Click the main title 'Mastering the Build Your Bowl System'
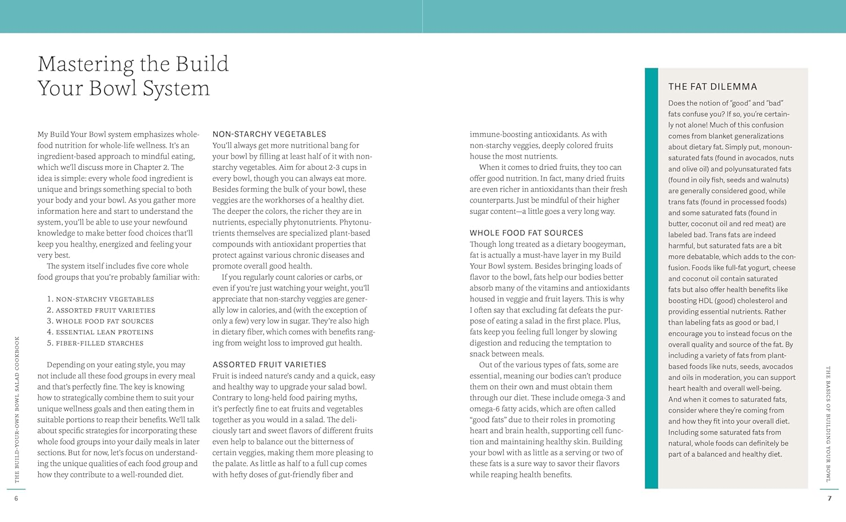click(133, 76)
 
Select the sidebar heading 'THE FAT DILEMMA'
click(712, 86)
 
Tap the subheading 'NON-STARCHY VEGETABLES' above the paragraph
click(269, 134)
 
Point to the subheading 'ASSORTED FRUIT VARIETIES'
click(269, 365)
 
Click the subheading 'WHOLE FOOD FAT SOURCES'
click(526, 233)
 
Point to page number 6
click(16, 498)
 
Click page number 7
click(829, 498)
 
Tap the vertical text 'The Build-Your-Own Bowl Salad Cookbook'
click(17, 409)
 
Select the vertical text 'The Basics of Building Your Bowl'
click(829, 424)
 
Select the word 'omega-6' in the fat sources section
click(484, 409)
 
